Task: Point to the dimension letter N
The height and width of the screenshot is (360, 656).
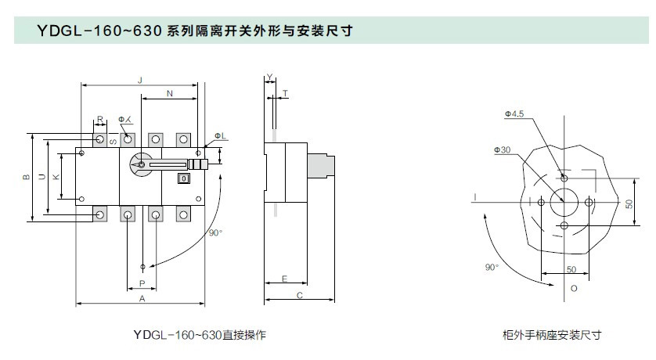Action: (x=170, y=95)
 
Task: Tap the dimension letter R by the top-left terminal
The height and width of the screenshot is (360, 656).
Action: (x=99, y=121)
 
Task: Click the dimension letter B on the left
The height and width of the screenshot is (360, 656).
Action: (x=25, y=178)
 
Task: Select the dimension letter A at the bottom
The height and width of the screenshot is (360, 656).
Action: (x=142, y=298)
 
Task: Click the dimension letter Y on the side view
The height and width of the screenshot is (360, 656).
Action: (x=269, y=77)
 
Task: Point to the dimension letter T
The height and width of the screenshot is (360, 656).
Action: (x=284, y=92)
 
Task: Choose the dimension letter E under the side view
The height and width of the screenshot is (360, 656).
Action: (x=283, y=278)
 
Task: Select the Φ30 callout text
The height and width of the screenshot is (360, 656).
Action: (x=502, y=149)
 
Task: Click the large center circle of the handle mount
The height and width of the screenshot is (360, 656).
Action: (x=564, y=201)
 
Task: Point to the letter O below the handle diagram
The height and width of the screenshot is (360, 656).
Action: (x=573, y=289)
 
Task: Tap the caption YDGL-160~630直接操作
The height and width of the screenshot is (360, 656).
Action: (x=200, y=335)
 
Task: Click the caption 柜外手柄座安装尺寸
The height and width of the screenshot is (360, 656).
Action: (x=551, y=335)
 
